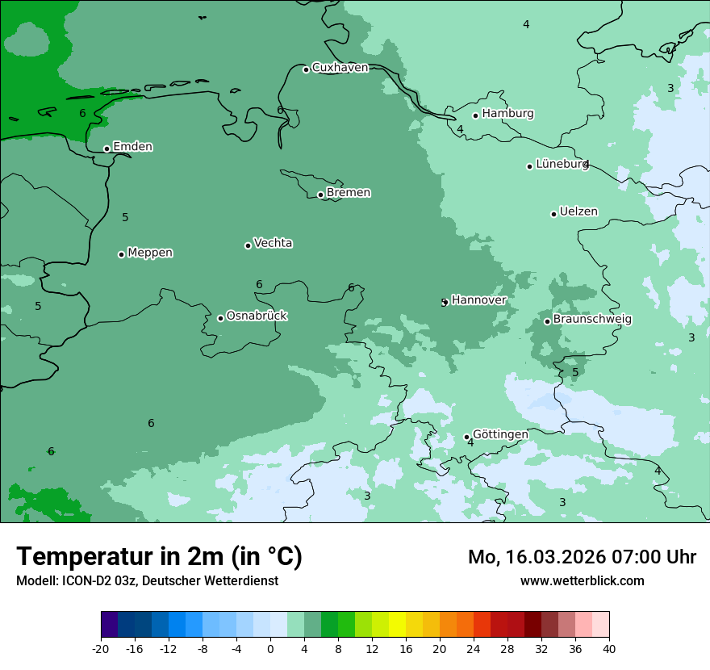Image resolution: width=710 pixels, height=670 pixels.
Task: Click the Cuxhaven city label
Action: pyautogui.click(x=340, y=68)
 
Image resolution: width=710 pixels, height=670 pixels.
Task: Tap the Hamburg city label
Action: pyautogui.click(x=507, y=114)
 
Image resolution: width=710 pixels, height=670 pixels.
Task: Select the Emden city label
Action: pyautogui.click(x=132, y=147)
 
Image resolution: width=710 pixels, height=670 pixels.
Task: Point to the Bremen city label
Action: pyautogui.click(x=349, y=193)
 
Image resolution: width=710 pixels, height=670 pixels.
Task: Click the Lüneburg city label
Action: pyautogui.click(x=562, y=164)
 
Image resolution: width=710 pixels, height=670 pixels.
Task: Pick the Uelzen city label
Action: pyautogui.click(x=578, y=212)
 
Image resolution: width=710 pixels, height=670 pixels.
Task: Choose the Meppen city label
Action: pyautogui.click(x=150, y=253)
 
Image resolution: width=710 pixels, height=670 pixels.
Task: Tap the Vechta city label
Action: pyautogui.click(x=273, y=243)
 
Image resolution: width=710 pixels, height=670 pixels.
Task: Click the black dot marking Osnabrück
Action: pyautogui.click(x=220, y=318)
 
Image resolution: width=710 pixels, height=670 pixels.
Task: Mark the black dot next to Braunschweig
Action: pyautogui.click(x=547, y=321)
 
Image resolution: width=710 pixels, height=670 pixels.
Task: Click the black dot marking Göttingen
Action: pyautogui.click(x=466, y=438)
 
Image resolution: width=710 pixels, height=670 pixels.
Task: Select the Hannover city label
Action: pyautogui.click(x=478, y=300)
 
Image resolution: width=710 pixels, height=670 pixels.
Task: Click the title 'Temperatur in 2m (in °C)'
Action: pyautogui.click(x=159, y=557)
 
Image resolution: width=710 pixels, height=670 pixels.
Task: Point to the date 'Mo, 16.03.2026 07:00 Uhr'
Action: pyautogui.click(x=582, y=557)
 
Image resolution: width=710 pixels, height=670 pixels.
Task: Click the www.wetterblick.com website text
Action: pyautogui.click(x=582, y=581)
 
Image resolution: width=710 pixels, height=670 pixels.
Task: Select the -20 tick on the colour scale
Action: pyautogui.click(x=101, y=648)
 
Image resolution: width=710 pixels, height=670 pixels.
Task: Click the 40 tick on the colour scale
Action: pyautogui.click(x=609, y=648)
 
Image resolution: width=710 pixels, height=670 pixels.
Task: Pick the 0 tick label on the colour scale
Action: pyautogui.click(x=270, y=648)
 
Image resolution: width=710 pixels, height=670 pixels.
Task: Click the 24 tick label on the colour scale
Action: pyautogui.click(x=474, y=648)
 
